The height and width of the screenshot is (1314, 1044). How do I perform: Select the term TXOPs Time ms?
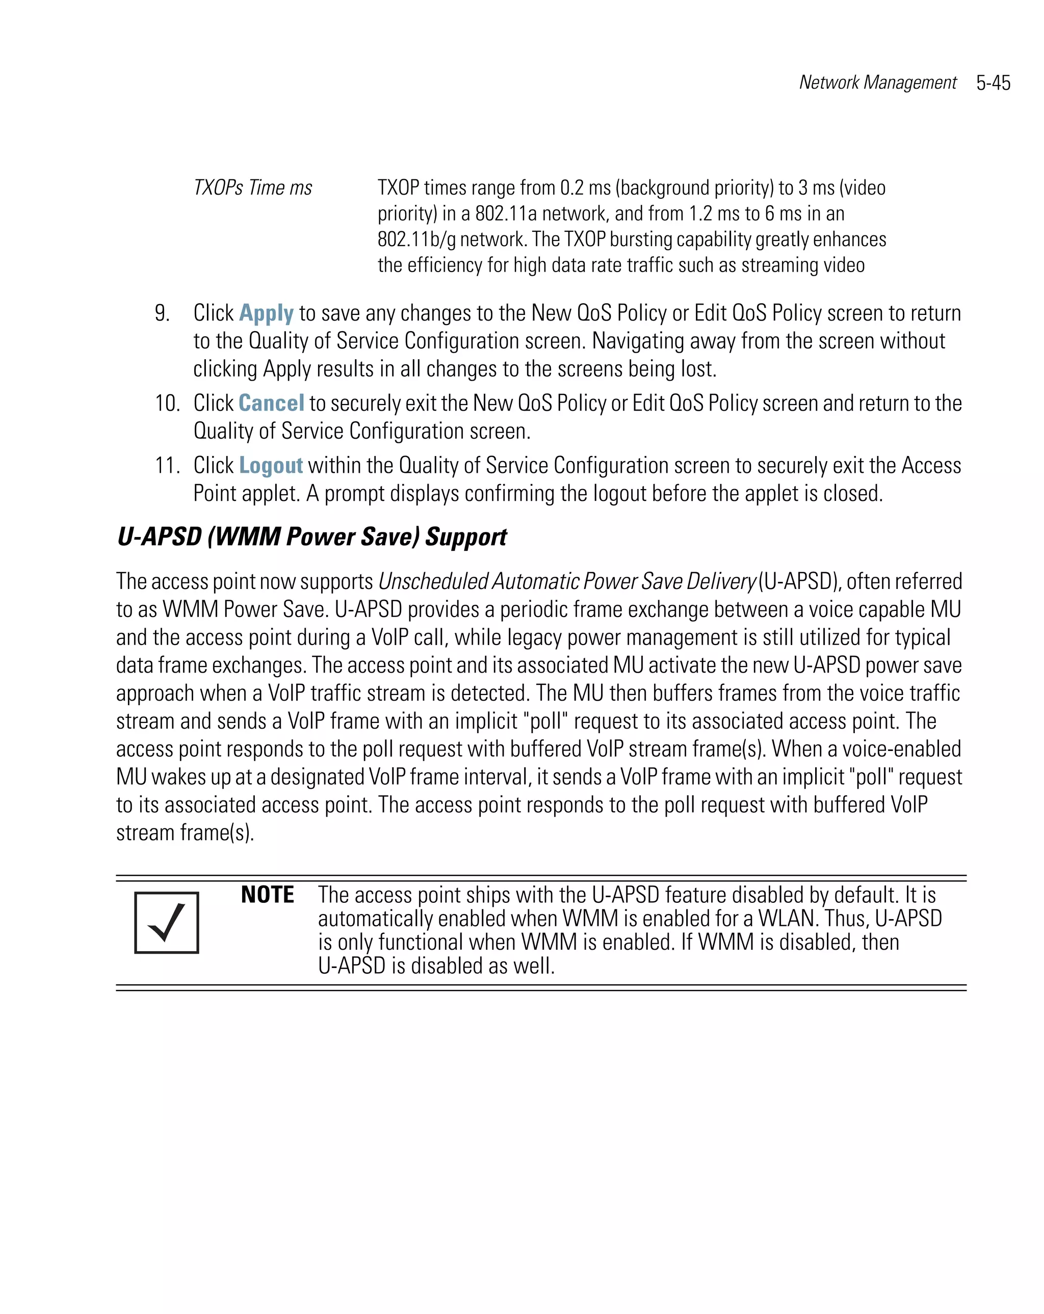[x=252, y=187]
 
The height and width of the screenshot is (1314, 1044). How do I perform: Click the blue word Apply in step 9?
[x=266, y=313]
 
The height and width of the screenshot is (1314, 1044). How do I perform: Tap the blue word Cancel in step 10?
[x=271, y=404]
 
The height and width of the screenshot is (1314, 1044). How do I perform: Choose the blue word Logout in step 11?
[x=271, y=466]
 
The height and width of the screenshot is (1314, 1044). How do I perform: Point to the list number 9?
[x=162, y=313]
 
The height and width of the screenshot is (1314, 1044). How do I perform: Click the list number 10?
[x=167, y=404]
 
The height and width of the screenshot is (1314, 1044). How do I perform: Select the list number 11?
[x=167, y=466]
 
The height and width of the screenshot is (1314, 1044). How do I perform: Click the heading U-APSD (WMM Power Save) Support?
[x=311, y=537]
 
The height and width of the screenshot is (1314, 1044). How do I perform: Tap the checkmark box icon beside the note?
[x=167, y=922]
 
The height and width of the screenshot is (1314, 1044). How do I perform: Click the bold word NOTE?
[x=267, y=895]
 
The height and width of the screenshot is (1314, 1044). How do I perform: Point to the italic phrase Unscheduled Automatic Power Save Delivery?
[x=566, y=581]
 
